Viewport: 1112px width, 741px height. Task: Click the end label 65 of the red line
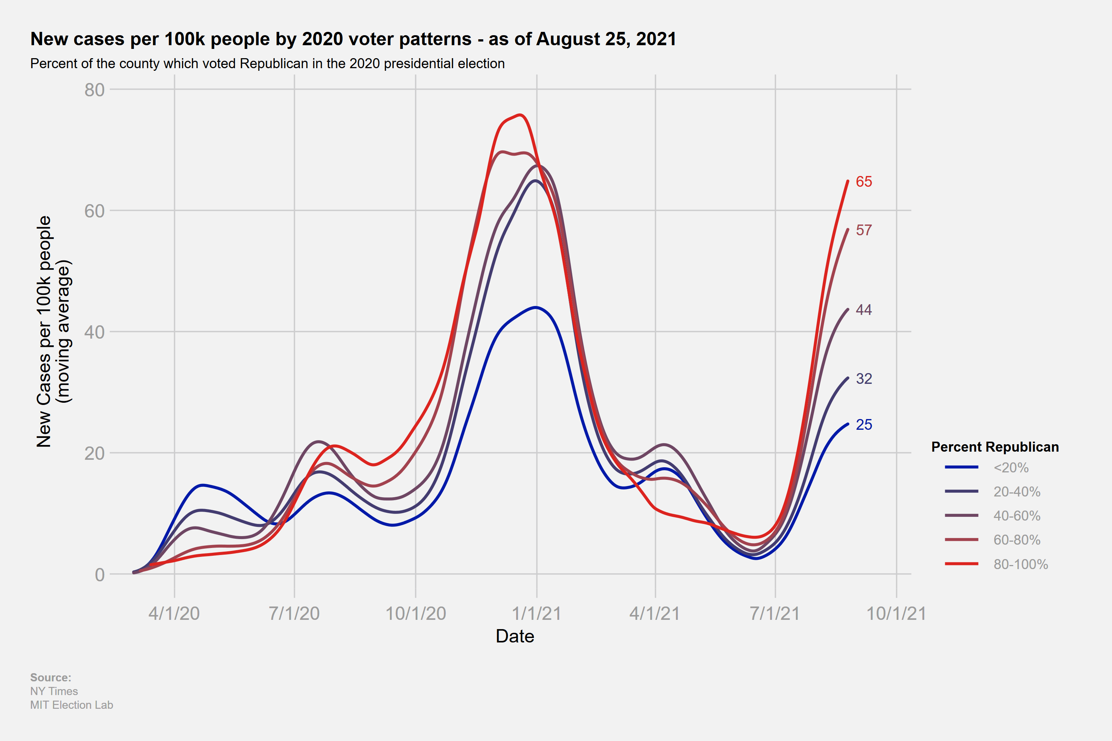coord(864,182)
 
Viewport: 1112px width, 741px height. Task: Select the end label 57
coord(864,230)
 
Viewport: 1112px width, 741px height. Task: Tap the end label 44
coord(864,309)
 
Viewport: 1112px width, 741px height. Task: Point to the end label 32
coord(864,379)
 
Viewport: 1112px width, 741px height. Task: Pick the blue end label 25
coord(864,424)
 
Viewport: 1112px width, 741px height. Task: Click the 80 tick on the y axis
coord(95,90)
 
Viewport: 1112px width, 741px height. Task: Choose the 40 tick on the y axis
coord(95,332)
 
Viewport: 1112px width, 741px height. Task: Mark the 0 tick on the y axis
coord(100,575)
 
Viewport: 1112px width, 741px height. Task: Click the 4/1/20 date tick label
coord(174,614)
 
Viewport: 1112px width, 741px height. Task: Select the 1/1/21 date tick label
coord(537,614)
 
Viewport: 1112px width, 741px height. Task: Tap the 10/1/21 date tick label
coord(896,614)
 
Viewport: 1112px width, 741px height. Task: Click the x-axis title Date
coord(515,636)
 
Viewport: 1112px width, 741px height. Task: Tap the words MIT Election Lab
coord(72,705)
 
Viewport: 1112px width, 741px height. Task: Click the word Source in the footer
coord(50,677)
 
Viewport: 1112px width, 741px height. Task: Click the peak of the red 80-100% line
coord(520,115)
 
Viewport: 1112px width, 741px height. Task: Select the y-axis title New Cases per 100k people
coord(44,331)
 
